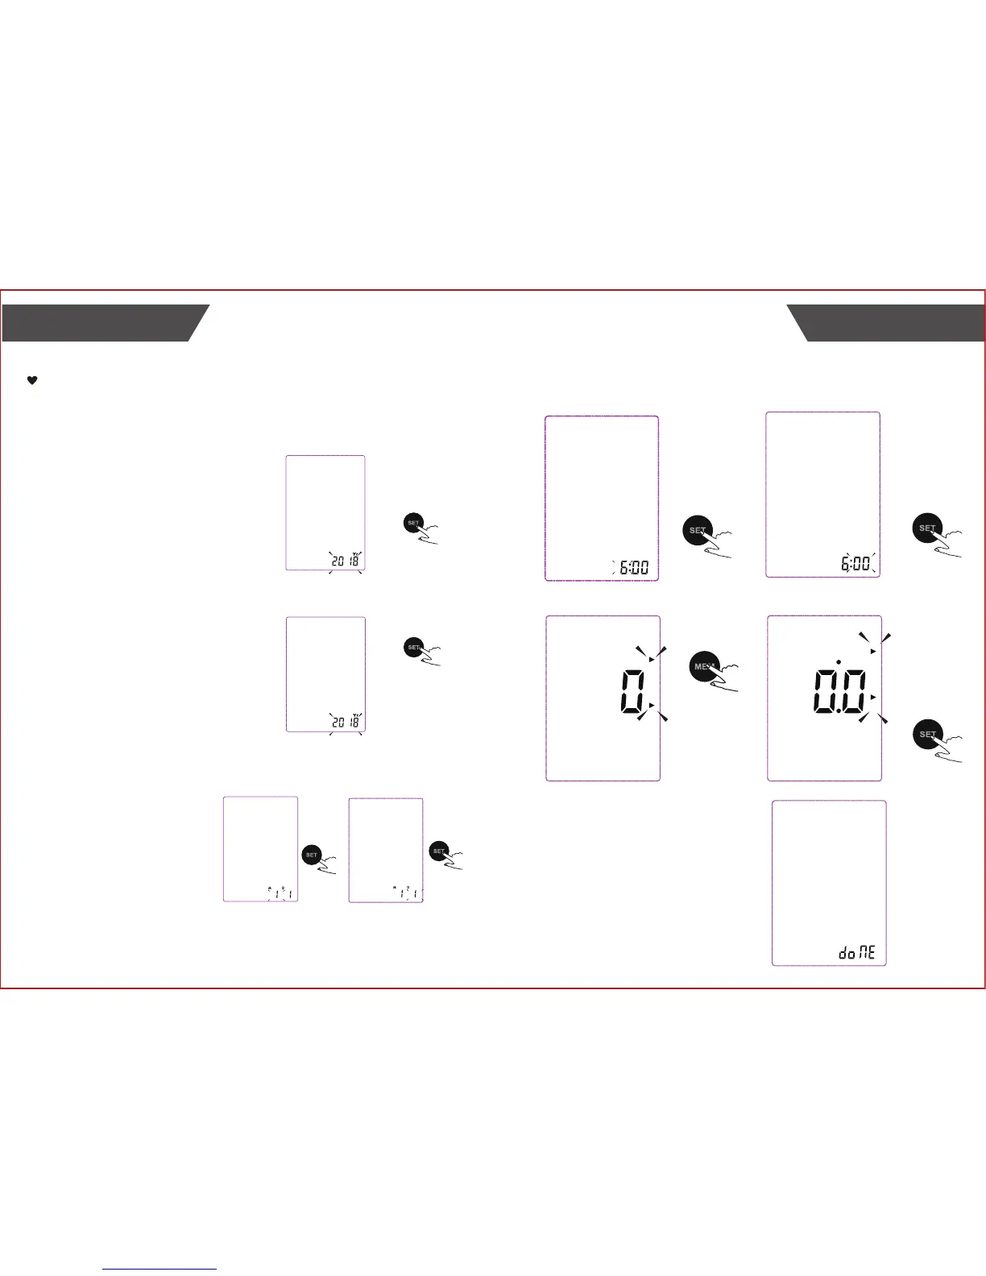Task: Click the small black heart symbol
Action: (32, 381)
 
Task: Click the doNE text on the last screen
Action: (857, 953)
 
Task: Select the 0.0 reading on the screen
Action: (839, 692)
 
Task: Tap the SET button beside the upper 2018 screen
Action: (413, 523)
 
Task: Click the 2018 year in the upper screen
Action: (346, 560)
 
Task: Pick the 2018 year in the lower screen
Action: (346, 722)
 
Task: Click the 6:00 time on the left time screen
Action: (633, 568)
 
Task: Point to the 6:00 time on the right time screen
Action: (855, 563)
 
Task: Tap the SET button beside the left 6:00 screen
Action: (698, 531)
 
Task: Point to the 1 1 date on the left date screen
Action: (280, 893)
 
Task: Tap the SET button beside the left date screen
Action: (312, 855)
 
